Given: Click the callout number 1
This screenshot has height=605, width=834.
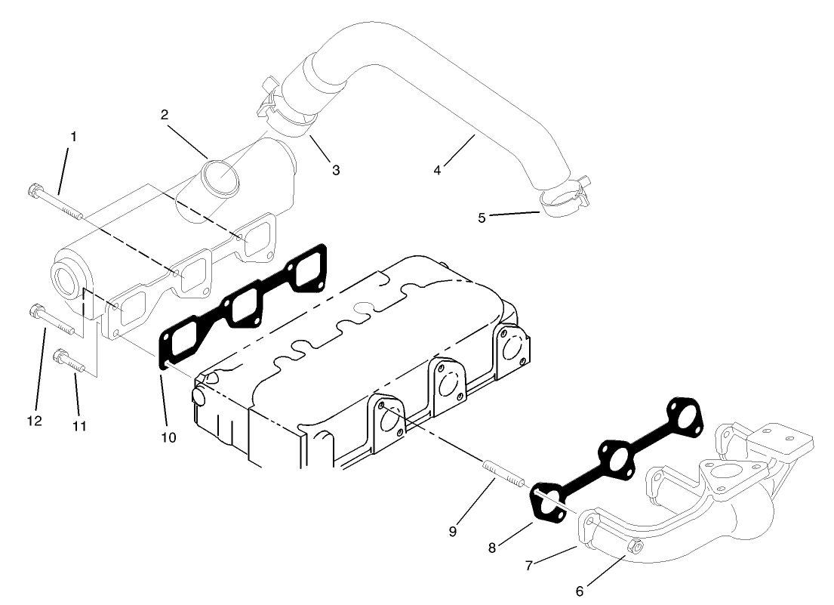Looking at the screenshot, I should click(x=73, y=137).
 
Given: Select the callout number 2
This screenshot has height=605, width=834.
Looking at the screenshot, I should click(x=164, y=115).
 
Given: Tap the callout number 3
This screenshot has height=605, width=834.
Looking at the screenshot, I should click(x=335, y=171).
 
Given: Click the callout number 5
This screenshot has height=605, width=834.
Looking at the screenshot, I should click(x=482, y=218).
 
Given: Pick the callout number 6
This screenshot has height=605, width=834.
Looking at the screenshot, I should click(x=579, y=590).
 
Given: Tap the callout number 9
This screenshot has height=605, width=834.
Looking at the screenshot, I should click(x=453, y=531).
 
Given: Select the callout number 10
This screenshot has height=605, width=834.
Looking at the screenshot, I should click(x=168, y=437).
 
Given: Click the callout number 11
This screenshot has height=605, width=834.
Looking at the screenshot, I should click(x=79, y=426).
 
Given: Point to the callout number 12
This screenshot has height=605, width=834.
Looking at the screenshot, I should click(x=34, y=420).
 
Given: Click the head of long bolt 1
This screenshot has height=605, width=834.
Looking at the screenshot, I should click(x=33, y=190).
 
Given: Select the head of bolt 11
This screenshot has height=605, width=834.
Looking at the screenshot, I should click(x=60, y=354).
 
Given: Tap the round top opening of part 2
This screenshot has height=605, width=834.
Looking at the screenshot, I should click(x=221, y=178).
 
